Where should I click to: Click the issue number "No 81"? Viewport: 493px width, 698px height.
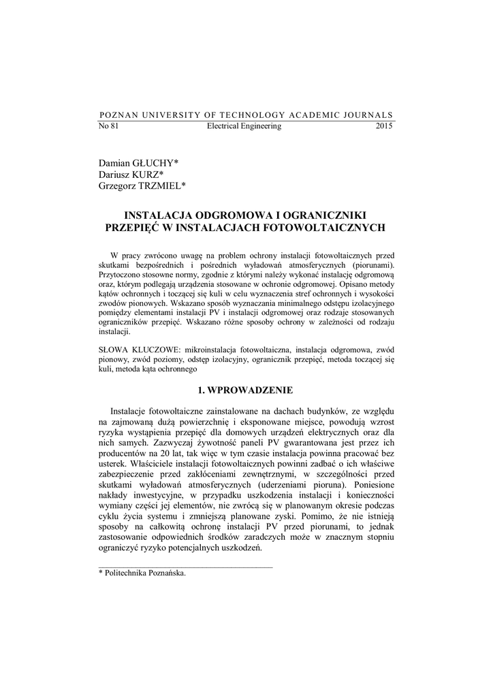[x=109, y=126]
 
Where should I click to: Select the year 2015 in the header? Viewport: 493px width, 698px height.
[x=384, y=126]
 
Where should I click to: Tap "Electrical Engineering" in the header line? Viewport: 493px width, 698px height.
[x=244, y=126]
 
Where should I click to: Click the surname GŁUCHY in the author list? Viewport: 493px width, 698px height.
[x=155, y=163]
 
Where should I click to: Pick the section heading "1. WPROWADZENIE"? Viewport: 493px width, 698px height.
[x=245, y=390]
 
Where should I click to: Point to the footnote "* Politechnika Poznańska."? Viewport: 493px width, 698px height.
[x=142, y=573]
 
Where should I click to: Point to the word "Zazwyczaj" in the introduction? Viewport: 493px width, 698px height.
[x=160, y=441]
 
